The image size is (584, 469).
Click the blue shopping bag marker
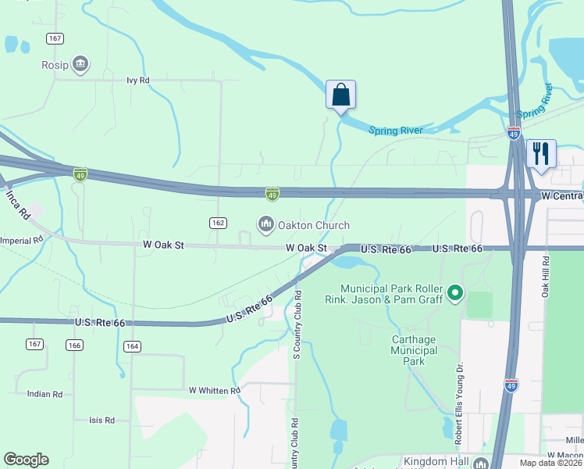click(x=340, y=95)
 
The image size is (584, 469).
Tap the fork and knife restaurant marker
click(x=540, y=152)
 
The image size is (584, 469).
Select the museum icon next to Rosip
click(x=80, y=64)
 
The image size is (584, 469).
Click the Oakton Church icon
click(x=266, y=225)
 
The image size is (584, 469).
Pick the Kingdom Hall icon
click(x=479, y=463)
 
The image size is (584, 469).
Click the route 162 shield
click(x=219, y=224)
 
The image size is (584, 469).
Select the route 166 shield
click(x=75, y=345)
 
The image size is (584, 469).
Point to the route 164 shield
click(x=131, y=346)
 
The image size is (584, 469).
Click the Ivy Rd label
click(x=137, y=81)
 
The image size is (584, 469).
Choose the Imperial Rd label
click(x=22, y=240)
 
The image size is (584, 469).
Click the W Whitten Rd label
click(x=214, y=390)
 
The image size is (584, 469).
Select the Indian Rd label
click(x=44, y=395)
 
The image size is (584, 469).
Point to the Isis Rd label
click(x=101, y=421)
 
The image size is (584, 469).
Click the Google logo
click(x=27, y=460)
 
